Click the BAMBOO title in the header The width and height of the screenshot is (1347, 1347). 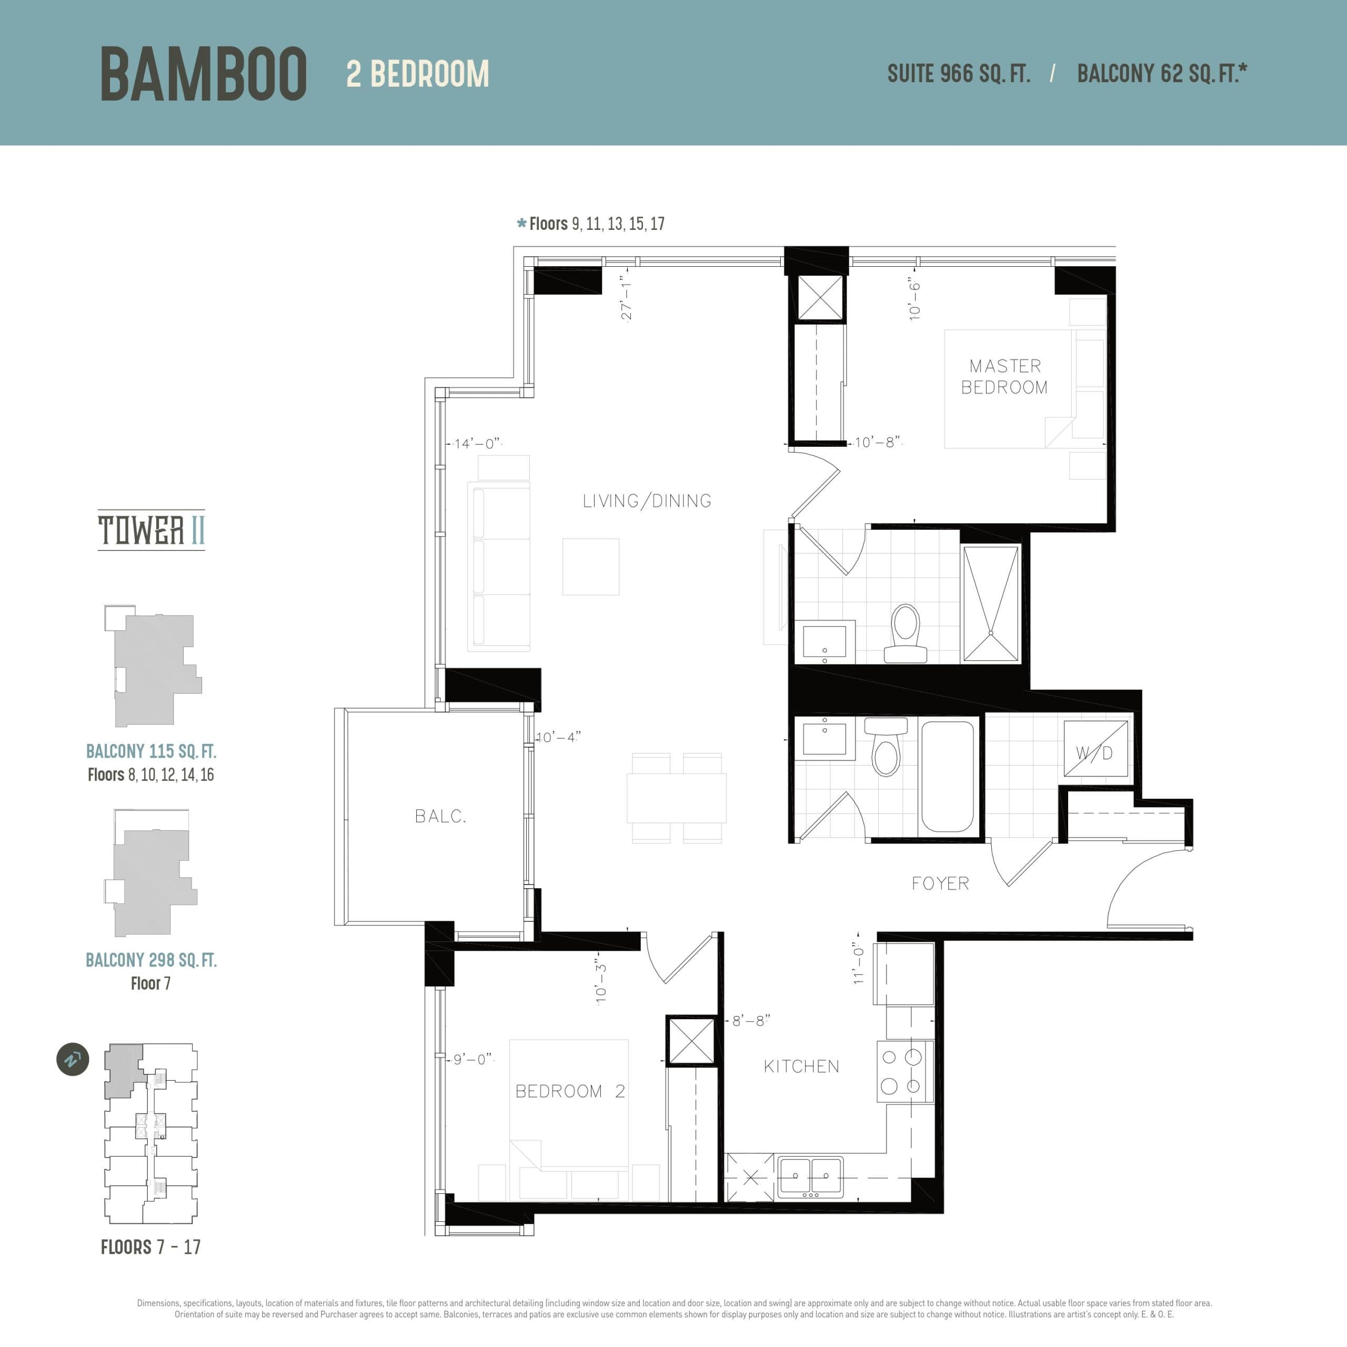(203, 74)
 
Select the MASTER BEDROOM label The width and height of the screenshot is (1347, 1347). (1004, 377)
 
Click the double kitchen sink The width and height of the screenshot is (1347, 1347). (810, 1177)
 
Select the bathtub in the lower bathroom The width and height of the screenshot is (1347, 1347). (947, 777)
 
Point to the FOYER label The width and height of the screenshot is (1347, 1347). (940, 883)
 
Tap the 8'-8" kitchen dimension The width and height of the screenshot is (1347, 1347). (751, 1021)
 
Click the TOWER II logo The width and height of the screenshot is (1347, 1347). (152, 530)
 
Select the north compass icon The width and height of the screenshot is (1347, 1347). (73, 1060)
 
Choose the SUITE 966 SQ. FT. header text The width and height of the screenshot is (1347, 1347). (958, 74)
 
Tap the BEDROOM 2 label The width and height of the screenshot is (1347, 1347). (570, 1091)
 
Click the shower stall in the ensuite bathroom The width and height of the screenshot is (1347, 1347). (990, 604)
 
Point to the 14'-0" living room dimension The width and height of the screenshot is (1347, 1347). (477, 444)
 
